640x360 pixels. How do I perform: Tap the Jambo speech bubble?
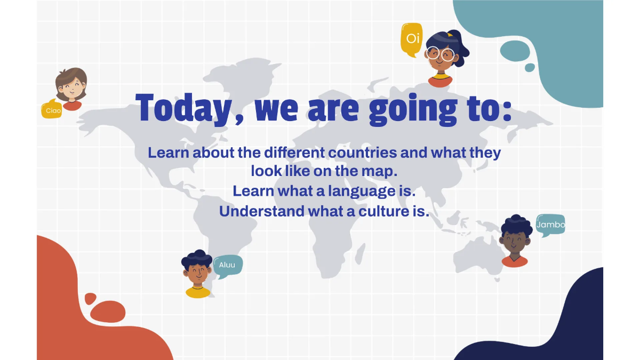(550, 225)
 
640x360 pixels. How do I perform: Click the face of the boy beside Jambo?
(515, 242)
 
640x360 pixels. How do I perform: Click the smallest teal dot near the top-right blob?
(530, 68)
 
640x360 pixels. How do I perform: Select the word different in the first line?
(294, 153)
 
